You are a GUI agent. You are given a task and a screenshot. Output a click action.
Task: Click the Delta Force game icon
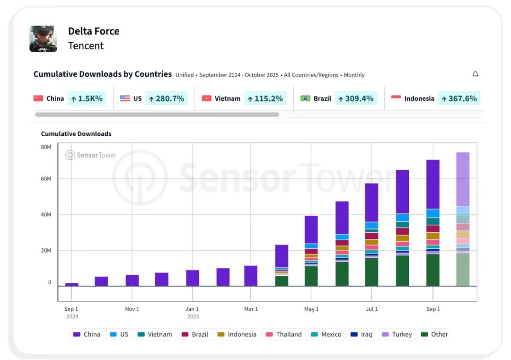[43, 39]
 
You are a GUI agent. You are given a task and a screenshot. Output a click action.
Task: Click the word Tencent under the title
[86, 46]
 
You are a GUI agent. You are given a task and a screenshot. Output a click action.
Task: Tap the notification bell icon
[475, 74]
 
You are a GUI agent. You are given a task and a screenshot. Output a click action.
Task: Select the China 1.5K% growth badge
[87, 98]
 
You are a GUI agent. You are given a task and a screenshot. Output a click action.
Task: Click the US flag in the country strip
[125, 98]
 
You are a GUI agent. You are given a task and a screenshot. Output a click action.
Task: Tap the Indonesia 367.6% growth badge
[459, 98]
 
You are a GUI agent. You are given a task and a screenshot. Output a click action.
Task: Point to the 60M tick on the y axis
[46, 179]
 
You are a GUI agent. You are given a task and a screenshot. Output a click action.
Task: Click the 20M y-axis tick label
[46, 250]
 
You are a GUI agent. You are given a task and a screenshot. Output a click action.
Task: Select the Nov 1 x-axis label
[132, 309]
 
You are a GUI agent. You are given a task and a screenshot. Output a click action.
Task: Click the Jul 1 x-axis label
[372, 309]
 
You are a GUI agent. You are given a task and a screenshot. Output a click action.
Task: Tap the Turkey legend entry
[397, 334]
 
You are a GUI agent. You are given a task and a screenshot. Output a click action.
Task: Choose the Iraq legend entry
[361, 334]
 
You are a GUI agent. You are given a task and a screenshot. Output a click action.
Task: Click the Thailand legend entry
[284, 334]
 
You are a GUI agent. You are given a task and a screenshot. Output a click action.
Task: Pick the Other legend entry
[434, 334]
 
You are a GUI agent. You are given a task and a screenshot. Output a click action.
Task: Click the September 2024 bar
[71, 284]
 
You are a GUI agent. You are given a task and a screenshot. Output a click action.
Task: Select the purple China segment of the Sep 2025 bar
[432, 184]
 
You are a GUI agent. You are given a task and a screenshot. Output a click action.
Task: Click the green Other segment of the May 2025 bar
[311, 276]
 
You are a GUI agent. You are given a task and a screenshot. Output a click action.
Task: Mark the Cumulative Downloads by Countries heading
[102, 74]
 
